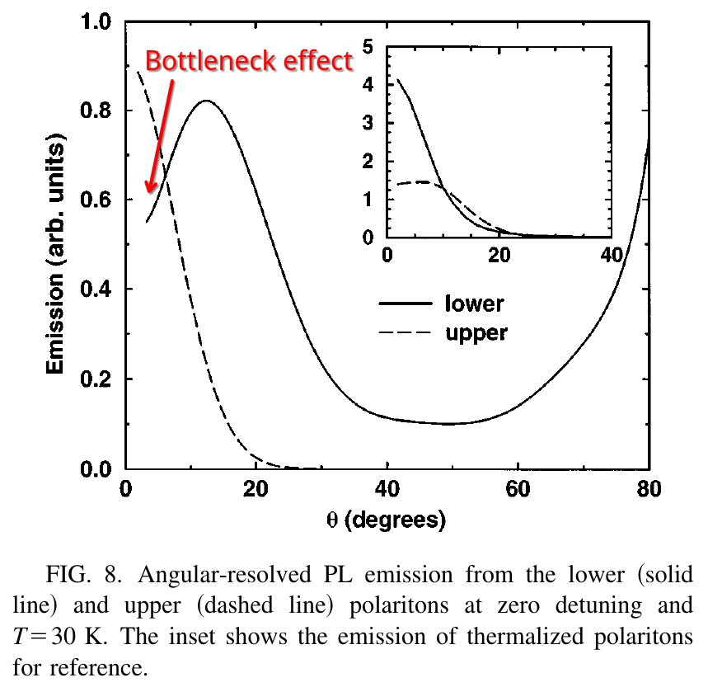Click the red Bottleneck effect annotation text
point(249,61)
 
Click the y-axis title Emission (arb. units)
point(56,246)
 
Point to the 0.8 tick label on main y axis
point(98,111)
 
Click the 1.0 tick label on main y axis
point(98,21)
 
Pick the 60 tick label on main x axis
point(518,488)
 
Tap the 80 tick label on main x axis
point(649,488)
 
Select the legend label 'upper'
point(476,333)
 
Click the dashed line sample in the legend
point(406,333)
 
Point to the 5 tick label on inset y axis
point(368,47)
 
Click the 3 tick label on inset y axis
point(368,124)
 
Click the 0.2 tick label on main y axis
point(98,379)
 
